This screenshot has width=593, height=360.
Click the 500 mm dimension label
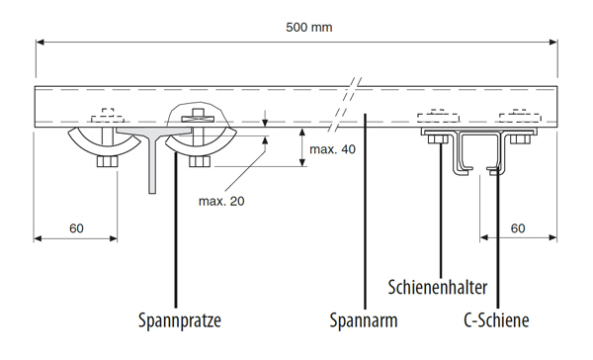pyautogui.click(x=308, y=27)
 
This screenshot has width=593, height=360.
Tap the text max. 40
pyautogui.click(x=332, y=149)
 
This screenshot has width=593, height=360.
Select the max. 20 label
pyautogui.click(x=221, y=201)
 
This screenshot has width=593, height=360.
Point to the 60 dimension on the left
pyautogui.click(x=76, y=228)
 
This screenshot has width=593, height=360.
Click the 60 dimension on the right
pyautogui.click(x=519, y=228)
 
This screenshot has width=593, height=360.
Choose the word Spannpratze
pyautogui.click(x=178, y=320)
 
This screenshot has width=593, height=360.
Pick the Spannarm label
pyautogui.click(x=363, y=320)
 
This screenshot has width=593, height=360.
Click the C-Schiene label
pyautogui.click(x=496, y=320)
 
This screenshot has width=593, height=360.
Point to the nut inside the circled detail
pyautogui.click(x=199, y=115)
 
